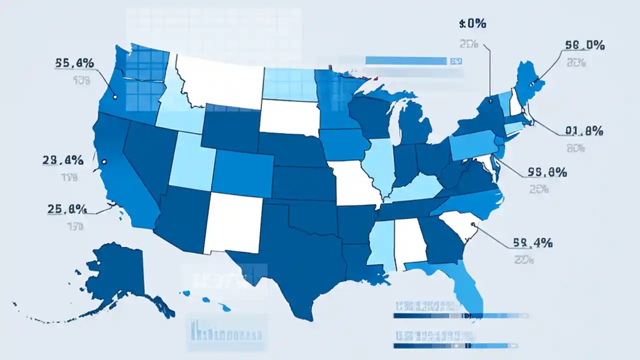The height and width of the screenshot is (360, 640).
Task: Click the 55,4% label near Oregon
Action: [74, 63]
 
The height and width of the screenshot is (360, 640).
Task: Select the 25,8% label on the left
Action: [67, 209]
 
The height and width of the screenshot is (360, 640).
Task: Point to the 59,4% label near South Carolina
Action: [532, 243]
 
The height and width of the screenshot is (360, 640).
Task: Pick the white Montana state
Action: [220, 80]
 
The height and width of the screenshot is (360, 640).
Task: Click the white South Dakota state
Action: [289, 117]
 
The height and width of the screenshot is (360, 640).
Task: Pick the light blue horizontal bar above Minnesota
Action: [405, 61]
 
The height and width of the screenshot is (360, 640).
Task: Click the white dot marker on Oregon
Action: [115, 97]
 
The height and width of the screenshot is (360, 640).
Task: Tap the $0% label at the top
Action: [472, 23]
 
